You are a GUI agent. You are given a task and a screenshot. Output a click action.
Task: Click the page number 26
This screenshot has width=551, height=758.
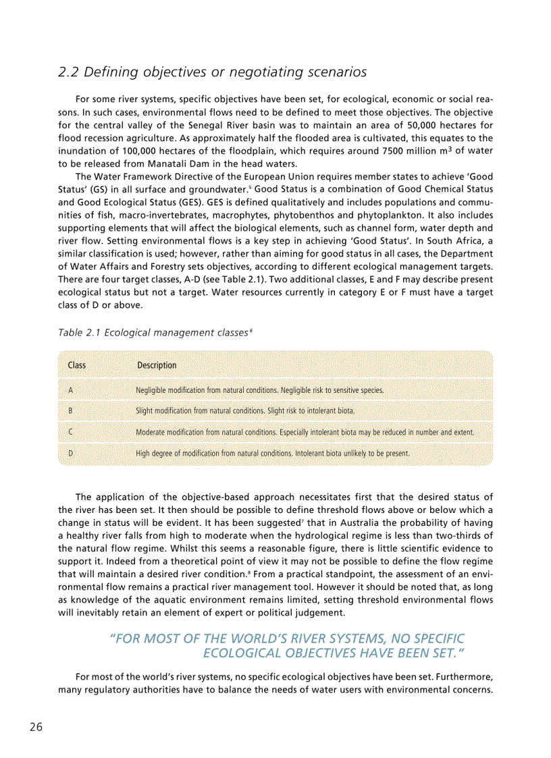click(36, 727)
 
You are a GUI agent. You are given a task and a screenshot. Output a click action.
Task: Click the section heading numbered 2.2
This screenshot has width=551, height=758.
click(213, 72)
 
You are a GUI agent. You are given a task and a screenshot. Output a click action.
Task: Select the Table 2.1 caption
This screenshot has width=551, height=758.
click(155, 333)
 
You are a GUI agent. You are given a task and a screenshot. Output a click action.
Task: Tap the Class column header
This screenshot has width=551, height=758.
click(77, 365)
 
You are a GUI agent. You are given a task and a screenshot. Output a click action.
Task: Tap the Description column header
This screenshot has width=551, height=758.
click(157, 365)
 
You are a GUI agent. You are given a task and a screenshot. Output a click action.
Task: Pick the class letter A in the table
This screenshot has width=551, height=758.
click(71, 390)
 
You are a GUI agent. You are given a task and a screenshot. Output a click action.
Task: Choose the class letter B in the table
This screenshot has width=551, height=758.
click(71, 410)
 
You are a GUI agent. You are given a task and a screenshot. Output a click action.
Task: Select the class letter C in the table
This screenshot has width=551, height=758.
click(71, 432)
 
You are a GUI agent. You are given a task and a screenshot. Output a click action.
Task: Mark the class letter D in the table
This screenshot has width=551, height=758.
click(71, 454)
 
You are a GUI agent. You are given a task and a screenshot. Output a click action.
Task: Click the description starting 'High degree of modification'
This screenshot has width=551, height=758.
click(273, 454)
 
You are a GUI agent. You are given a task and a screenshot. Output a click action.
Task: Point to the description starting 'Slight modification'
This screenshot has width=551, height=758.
click(245, 410)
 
